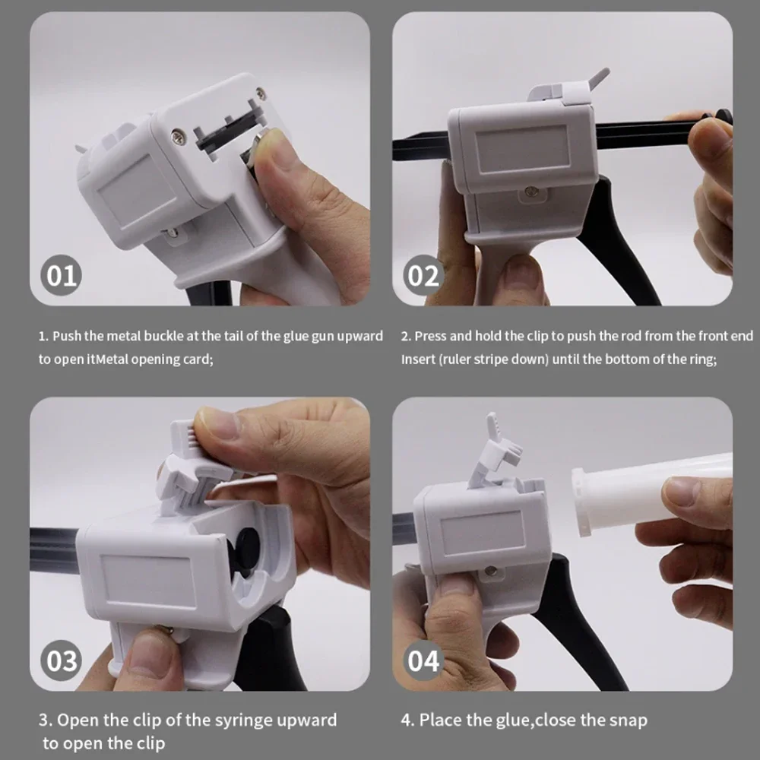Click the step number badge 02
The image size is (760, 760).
point(424,274)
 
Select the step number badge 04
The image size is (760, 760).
point(424,660)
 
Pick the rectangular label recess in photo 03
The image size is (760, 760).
point(146,581)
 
